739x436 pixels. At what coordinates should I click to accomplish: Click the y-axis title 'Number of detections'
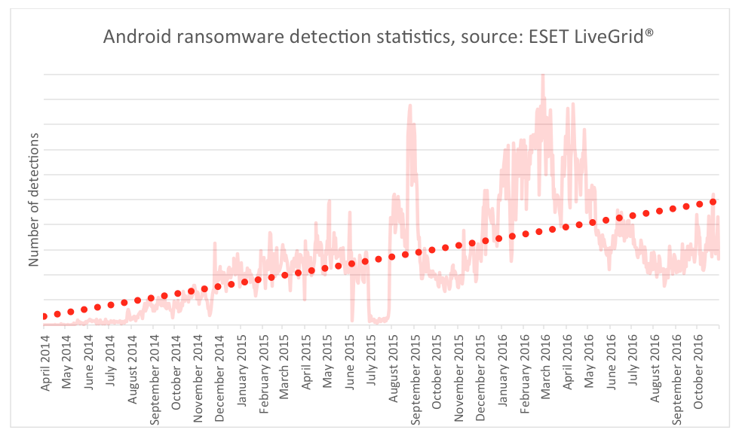(34, 200)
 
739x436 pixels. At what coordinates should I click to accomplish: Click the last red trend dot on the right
(713, 202)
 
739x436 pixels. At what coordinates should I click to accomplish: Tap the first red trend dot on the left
(44, 316)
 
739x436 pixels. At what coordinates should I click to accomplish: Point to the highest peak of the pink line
(543, 75)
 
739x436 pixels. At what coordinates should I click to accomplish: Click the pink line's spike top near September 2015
(410, 105)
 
